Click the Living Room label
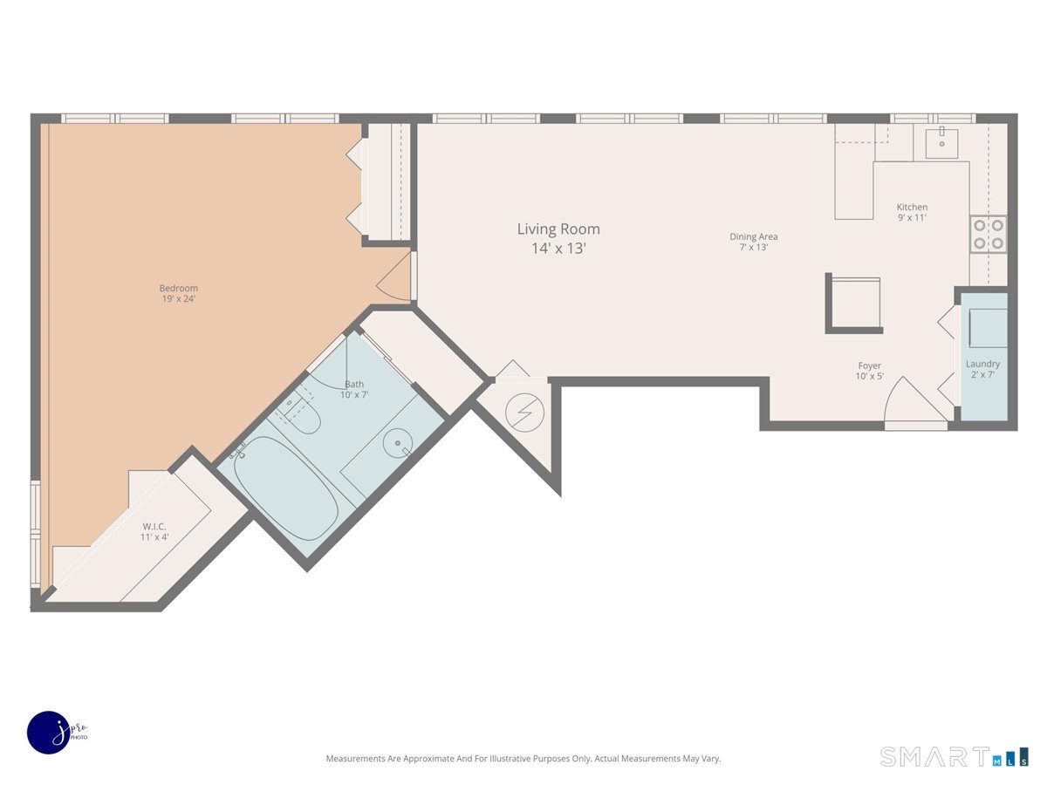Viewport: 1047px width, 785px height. (558, 238)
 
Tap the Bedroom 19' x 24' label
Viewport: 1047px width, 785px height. (178, 293)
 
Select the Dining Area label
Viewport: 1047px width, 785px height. (753, 242)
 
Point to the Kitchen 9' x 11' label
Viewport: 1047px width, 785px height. (912, 212)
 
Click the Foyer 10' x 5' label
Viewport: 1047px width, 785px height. (869, 371)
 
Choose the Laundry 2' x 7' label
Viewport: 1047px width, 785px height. (982, 369)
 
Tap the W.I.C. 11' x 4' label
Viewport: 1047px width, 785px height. (154, 531)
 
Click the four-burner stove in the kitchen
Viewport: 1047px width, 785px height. (988, 234)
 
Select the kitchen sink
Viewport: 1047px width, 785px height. (941, 142)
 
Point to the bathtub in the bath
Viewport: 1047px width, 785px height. (285, 488)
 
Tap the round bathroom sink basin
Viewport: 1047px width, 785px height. (397, 443)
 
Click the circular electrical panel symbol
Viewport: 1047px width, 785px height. (524, 413)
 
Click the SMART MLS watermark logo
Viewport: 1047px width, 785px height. (954, 756)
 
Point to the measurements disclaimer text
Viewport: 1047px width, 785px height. (523, 758)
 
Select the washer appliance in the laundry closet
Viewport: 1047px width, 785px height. (988, 328)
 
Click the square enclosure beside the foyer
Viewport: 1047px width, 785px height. (854, 304)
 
